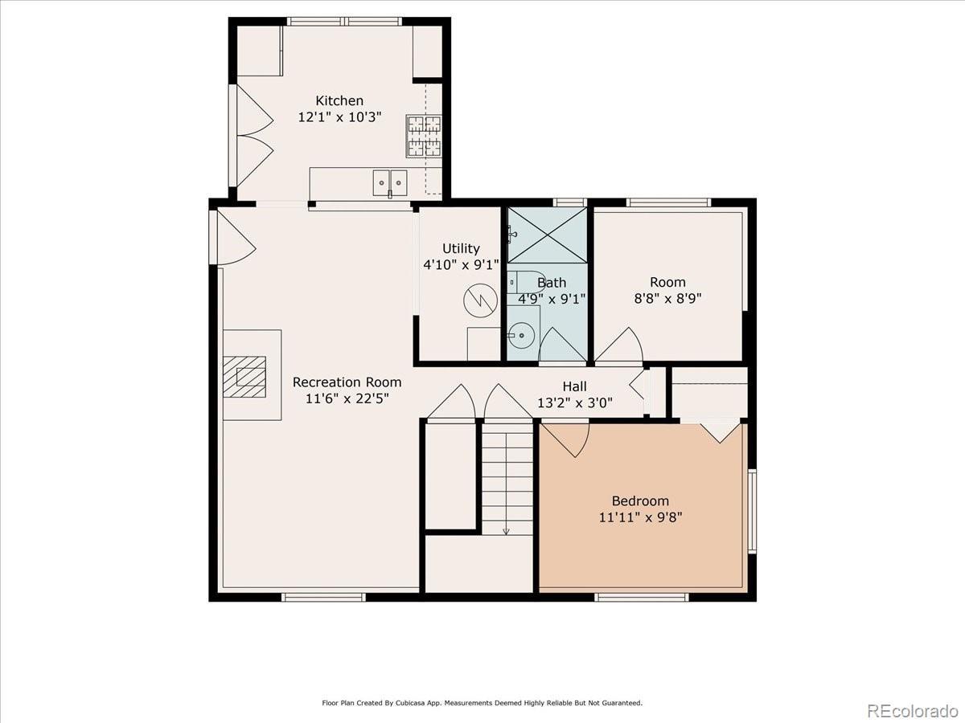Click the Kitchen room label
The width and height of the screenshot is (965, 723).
339,101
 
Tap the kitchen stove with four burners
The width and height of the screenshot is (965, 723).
424,136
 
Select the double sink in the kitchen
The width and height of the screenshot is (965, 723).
390,183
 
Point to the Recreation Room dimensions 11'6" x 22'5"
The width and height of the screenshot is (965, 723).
347,398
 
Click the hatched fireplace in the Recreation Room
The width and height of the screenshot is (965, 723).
244,377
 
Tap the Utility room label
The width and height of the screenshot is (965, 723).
461,248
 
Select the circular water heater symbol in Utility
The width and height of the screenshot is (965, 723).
481,300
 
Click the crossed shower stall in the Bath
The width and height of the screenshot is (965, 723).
548,235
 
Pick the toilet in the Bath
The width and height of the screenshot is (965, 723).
521,282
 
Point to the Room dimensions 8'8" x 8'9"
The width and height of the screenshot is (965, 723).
667,299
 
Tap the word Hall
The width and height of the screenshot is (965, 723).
575,386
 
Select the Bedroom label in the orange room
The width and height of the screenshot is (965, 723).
641,500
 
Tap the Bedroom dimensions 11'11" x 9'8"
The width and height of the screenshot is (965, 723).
641,517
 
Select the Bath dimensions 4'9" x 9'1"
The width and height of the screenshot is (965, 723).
552,300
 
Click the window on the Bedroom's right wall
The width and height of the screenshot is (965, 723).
752,511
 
